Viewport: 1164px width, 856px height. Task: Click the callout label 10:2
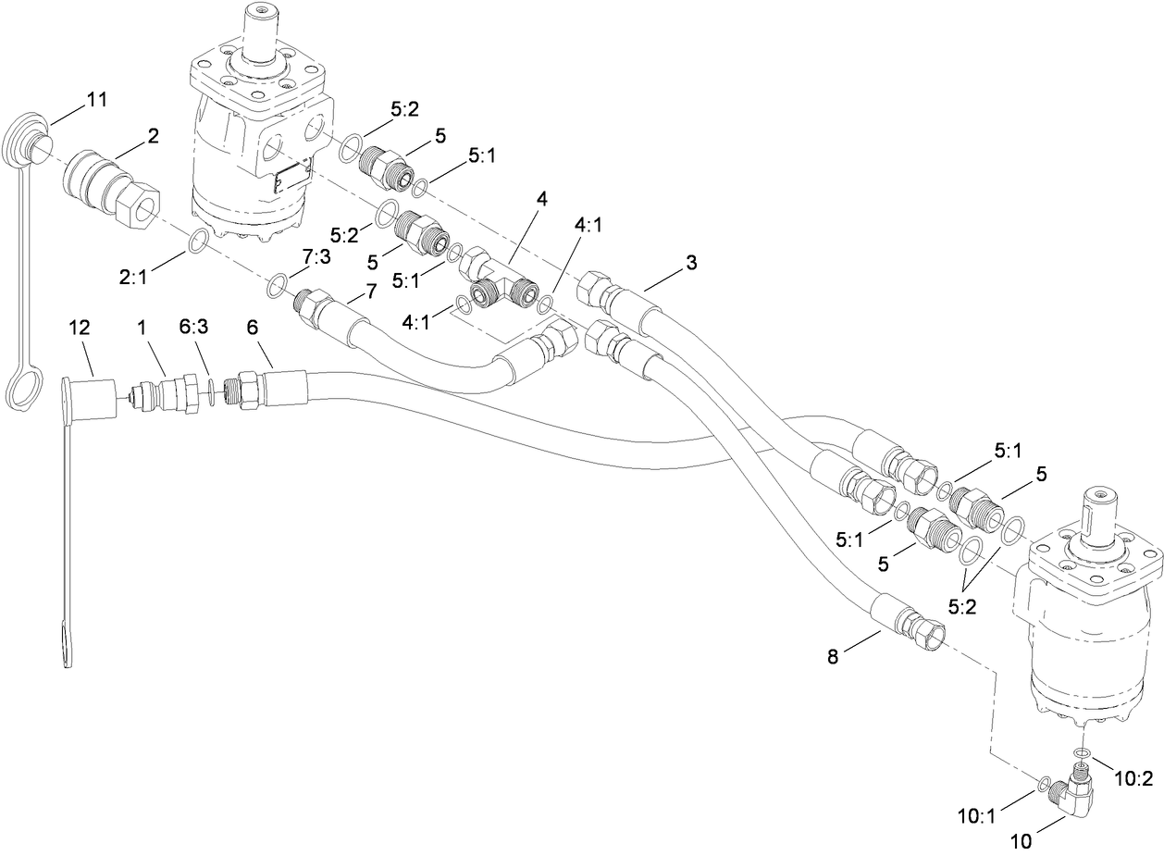click(x=1133, y=778)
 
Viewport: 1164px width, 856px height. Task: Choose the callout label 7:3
click(x=314, y=255)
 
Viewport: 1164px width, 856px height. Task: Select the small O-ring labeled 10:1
click(x=1044, y=784)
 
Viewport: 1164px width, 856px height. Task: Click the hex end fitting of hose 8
click(x=928, y=631)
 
